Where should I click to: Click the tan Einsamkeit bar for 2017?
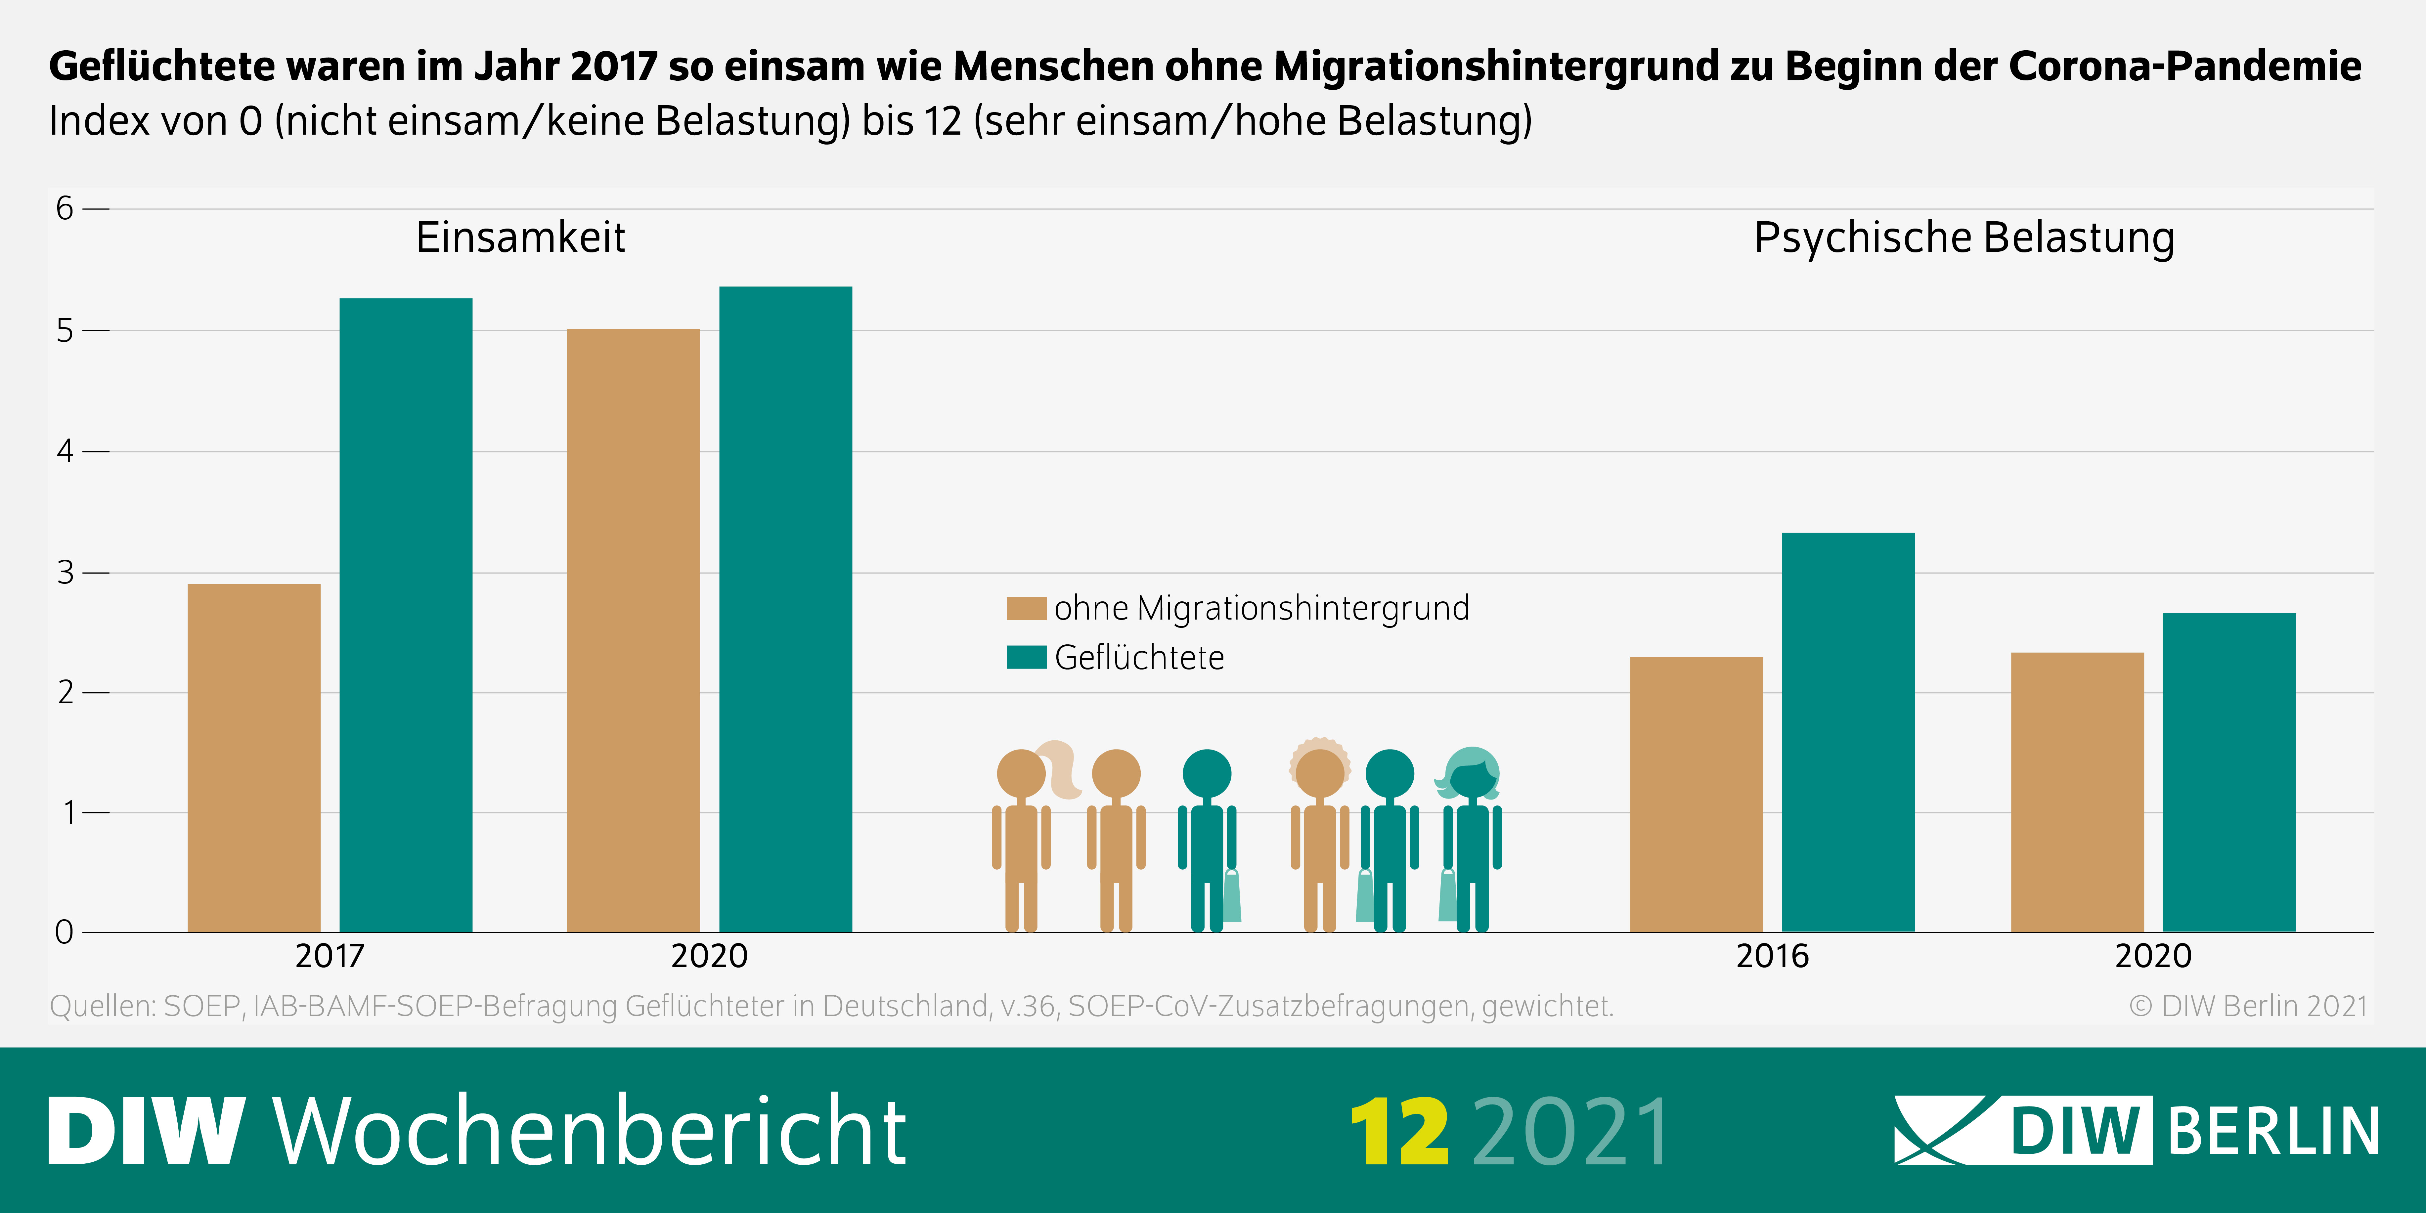click(254, 758)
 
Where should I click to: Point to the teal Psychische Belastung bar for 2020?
click(2229, 772)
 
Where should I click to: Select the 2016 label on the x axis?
click(1772, 956)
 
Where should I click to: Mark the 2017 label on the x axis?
click(330, 956)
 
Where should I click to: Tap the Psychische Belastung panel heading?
click(1963, 237)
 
